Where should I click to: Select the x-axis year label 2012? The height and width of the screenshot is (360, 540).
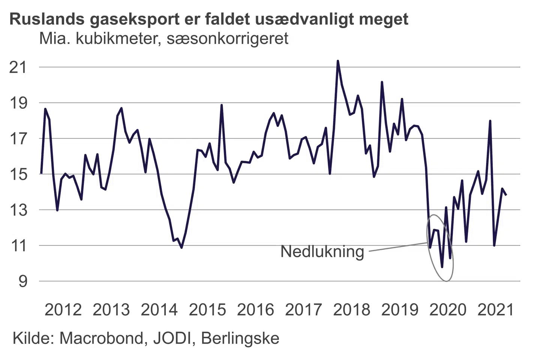(63, 310)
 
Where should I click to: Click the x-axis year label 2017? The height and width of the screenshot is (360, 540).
(303, 310)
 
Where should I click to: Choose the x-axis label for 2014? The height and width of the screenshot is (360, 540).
(159, 310)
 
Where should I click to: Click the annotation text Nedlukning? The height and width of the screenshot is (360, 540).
(322, 252)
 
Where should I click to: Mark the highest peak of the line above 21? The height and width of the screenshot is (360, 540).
(338, 61)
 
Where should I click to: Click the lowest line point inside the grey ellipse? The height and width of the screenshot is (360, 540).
(442, 267)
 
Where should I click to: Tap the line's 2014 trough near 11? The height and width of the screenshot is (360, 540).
(181, 247)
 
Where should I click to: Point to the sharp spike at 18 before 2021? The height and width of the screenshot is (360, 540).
(490, 121)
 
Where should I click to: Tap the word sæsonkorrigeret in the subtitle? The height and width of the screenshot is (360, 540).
(228, 38)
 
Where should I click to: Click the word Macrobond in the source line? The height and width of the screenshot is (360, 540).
(102, 338)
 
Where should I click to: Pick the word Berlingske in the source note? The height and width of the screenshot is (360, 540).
(240, 338)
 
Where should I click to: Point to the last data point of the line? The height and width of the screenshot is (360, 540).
(506, 195)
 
